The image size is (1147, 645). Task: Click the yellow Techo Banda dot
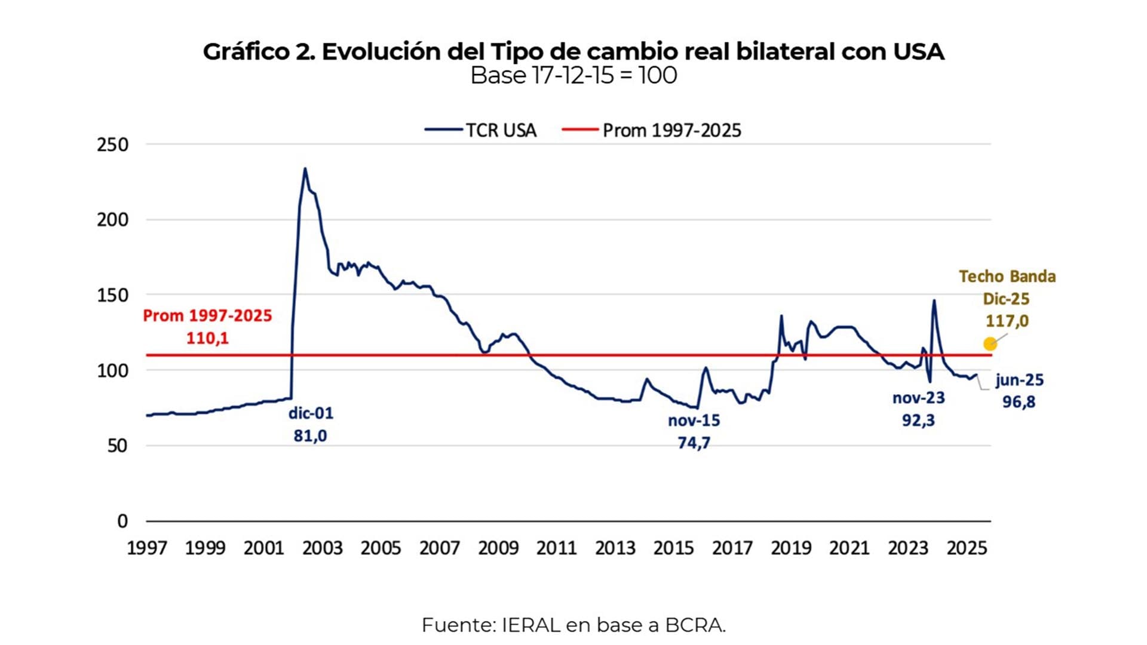click(990, 344)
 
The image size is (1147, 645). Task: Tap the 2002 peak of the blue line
click(305, 169)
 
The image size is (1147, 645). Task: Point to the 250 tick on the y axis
click(112, 145)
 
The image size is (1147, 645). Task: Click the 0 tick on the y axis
click(122, 521)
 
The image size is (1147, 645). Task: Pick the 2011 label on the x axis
click(556, 548)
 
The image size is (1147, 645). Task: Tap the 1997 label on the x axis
click(147, 548)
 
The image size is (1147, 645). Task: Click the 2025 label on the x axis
click(967, 548)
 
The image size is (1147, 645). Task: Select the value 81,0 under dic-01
click(310, 436)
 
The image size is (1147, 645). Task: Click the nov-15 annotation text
click(694, 420)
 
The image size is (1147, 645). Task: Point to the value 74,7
click(694, 443)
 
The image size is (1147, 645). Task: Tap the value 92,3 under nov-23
click(918, 420)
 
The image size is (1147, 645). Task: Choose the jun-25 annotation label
click(1019, 380)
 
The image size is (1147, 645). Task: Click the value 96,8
click(1019, 402)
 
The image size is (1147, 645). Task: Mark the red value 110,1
click(207, 338)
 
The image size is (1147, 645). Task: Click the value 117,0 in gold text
click(1007, 321)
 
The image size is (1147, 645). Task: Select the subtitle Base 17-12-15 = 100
click(573, 76)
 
